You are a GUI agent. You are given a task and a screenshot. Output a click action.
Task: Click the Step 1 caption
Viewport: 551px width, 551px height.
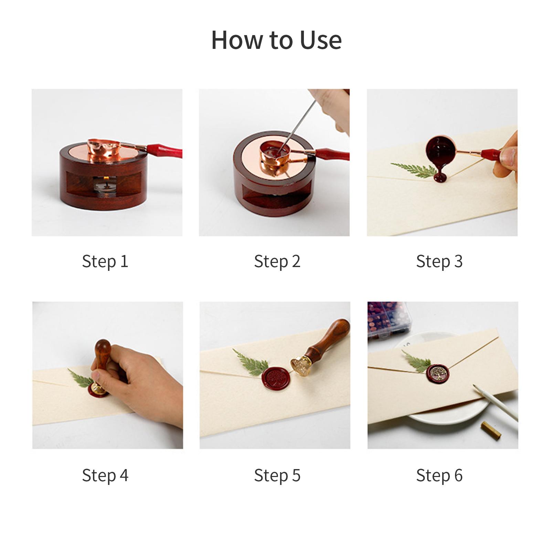pyautogui.click(x=105, y=261)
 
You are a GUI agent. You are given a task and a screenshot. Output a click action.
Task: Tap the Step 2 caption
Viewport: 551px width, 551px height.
pyautogui.click(x=277, y=261)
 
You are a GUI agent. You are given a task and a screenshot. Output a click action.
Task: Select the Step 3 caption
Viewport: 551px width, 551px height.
pyautogui.click(x=439, y=261)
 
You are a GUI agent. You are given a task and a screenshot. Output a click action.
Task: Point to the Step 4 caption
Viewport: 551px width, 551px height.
pyautogui.click(x=105, y=475)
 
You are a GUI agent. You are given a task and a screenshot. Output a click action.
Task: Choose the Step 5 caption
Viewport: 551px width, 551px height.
pyautogui.click(x=277, y=475)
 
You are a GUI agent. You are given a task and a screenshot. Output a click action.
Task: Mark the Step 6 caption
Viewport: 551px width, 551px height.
pyautogui.click(x=439, y=475)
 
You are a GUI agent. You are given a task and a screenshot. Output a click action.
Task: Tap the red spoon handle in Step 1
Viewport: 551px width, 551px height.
pyautogui.click(x=164, y=150)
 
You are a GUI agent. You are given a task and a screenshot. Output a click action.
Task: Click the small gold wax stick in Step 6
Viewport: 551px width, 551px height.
pyautogui.click(x=491, y=430)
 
